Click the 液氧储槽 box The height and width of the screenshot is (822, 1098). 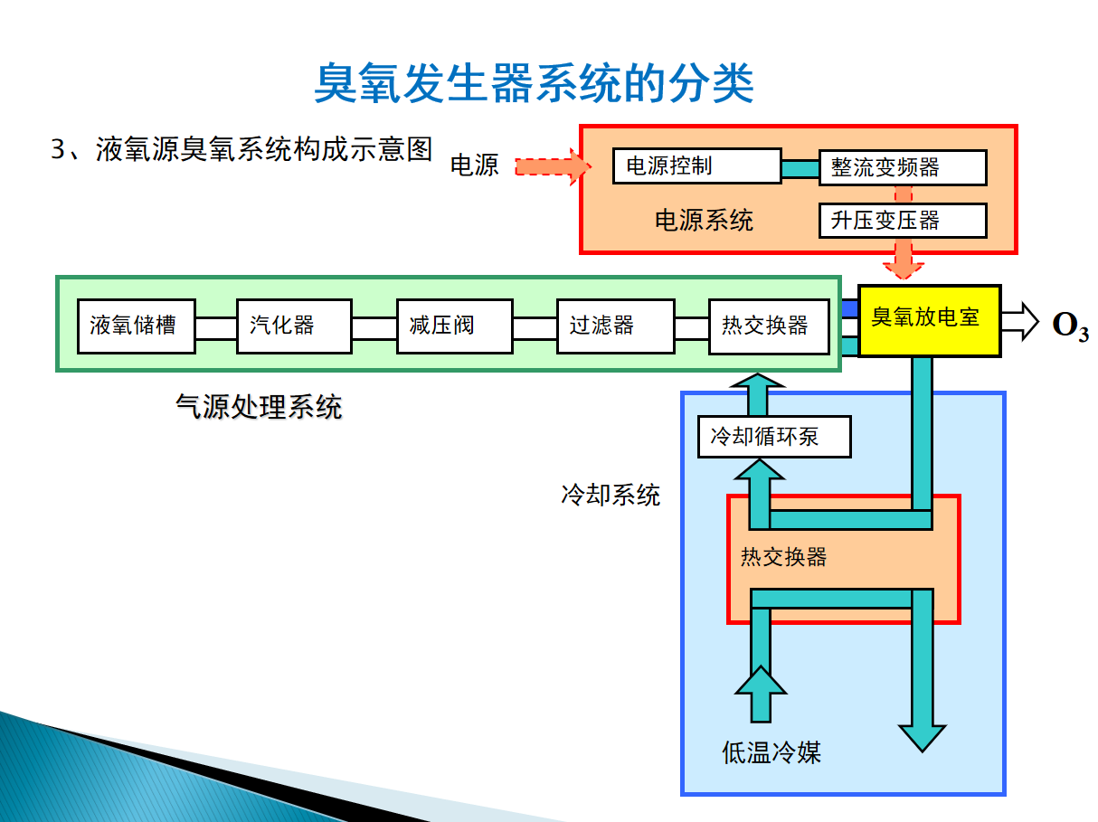pyautogui.click(x=136, y=326)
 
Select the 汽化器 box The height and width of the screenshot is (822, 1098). pyautogui.click(x=294, y=326)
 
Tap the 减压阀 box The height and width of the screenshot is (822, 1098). pyautogui.click(x=455, y=326)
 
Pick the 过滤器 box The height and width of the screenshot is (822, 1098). pyautogui.click(x=616, y=326)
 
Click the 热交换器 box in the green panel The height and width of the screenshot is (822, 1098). pyautogui.click(x=770, y=326)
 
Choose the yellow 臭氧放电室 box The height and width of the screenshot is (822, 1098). pyautogui.click(x=930, y=320)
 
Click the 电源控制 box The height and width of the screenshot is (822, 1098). pyautogui.click(x=696, y=166)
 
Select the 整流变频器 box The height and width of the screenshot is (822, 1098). pyautogui.click(x=903, y=167)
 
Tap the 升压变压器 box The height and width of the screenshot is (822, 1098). pyautogui.click(x=903, y=221)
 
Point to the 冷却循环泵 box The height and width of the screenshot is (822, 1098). pyautogui.click(x=774, y=437)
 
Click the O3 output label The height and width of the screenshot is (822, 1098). pyautogui.click(x=1071, y=326)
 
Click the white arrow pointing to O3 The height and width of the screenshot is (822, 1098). pyautogui.click(x=1019, y=322)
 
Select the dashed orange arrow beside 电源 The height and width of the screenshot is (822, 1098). pyautogui.click(x=553, y=166)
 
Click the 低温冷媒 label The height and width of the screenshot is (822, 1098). pyautogui.click(x=771, y=752)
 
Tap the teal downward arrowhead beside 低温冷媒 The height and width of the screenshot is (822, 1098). pyautogui.click(x=922, y=738)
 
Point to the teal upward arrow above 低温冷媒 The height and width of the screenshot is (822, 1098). pyautogui.click(x=761, y=694)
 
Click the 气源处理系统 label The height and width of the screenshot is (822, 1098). pyautogui.click(x=259, y=407)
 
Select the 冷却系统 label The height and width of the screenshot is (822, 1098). pyautogui.click(x=611, y=495)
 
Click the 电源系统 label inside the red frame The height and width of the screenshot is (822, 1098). pyautogui.click(x=704, y=221)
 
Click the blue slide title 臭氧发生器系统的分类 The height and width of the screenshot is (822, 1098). pyautogui.click(x=535, y=83)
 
